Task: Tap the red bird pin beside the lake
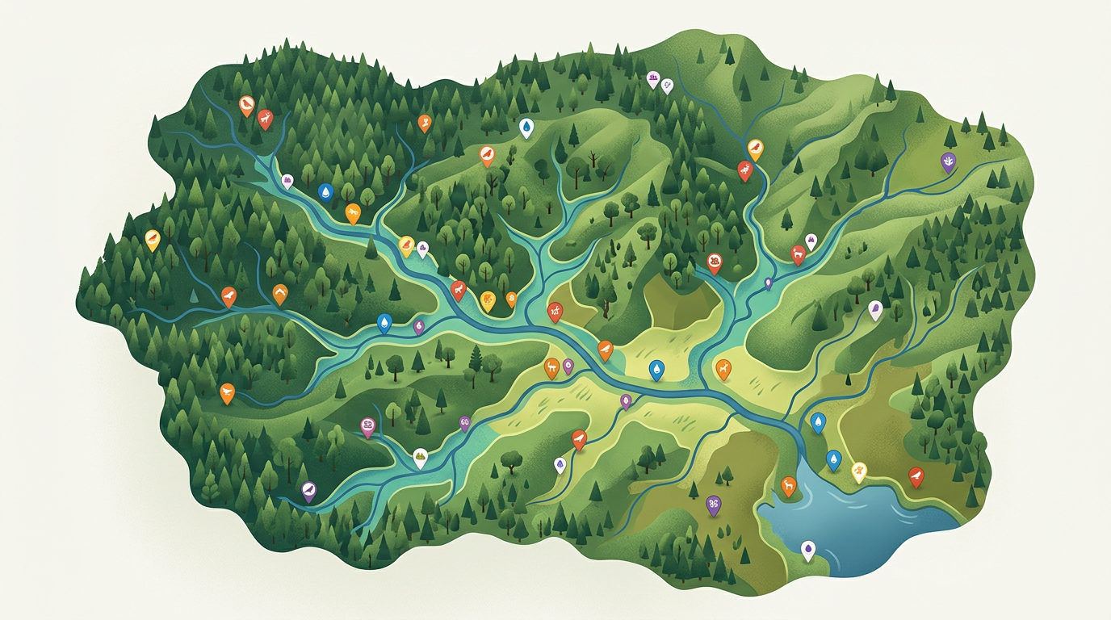tap(916, 475)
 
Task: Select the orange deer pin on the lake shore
tap(789, 484)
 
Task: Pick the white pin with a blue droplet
tap(526, 126)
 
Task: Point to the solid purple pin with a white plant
tap(948, 161)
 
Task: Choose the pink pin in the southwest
tap(367, 425)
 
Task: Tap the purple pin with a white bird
tap(308, 489)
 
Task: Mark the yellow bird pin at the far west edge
tap(152, 238)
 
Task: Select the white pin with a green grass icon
tap(420, 457)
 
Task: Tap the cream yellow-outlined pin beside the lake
tap(859, 471)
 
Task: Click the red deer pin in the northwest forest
tap(265, 119)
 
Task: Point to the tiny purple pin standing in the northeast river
tap(768, 283)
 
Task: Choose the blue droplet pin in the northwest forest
tap(325, 191)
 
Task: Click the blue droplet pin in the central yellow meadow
tap(657, 369)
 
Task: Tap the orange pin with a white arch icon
tap(280, 294)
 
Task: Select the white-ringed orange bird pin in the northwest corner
tap(246, 104)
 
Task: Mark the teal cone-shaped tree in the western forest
tap(194, 295)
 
